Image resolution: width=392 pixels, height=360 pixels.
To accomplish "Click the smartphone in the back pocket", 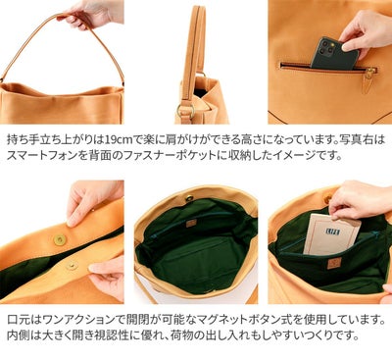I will [x=334, y=54].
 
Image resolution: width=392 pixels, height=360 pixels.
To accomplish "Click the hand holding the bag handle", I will [x=93, y=14].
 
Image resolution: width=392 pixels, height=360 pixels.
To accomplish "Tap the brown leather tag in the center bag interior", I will [x=191, y=223].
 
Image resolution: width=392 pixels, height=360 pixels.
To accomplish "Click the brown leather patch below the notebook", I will [x=334, y=263].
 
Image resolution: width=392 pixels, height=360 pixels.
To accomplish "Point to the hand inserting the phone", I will [x=367, y=29].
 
